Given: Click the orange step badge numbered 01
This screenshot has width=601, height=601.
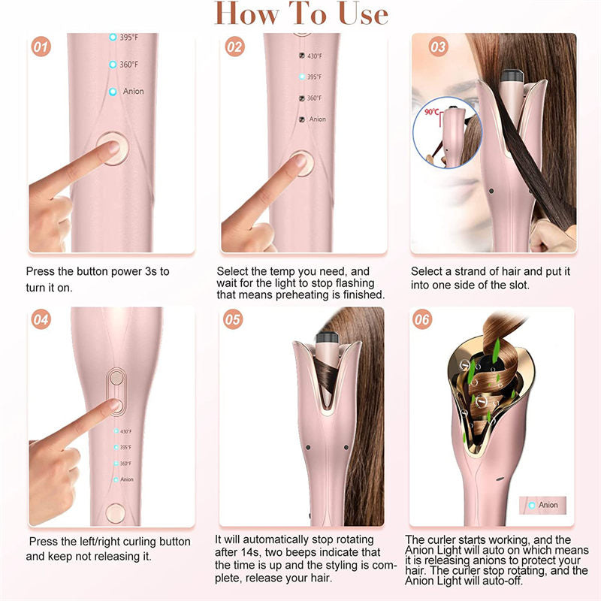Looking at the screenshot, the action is pyautogui.click(x=41, y=47).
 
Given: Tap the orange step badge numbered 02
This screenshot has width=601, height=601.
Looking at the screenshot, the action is pyautogui.click(x=234, y=47).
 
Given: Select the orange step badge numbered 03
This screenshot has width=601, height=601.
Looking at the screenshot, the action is pyautogui.click(x=438, y=47).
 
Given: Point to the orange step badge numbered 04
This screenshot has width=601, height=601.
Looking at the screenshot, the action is pyautogui.click(x=41, y=319).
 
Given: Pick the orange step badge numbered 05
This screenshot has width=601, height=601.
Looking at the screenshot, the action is pyautogui.click(x=233, y=319).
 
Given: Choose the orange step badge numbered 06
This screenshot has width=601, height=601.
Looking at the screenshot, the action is pyautogui.click(x=422, y=319).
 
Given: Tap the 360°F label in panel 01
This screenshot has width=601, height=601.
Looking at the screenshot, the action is pyautogui.click(x=128, y=65).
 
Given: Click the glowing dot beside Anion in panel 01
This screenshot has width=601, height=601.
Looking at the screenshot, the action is pyautogui.click(x=113, y=92).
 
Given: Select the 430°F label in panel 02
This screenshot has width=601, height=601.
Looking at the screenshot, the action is pyautogui.click(x=315, y=56).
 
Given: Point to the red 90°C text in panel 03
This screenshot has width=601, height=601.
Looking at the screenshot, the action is pyautogui.click(x=432, y=111).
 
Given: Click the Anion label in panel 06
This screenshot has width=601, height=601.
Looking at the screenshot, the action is pyautogui.click(x=548, y=505).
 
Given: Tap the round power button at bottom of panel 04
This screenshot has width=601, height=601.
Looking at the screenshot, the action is pyautogui.click(x=116, y=513).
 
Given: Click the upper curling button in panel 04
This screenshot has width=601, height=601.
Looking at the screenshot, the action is pyautogui.click(x=116, y=378).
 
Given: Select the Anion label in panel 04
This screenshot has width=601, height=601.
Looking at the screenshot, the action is pyautogui.click(x=127, y=479).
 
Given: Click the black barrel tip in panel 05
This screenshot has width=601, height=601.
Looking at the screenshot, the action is pyautogui.click(x=327, y=337).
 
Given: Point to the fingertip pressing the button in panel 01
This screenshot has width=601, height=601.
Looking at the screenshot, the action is pyautogui.click(x=111, y=146).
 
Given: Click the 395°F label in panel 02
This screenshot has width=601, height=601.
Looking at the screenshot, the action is pyautogui.click(x=314, y=77).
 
